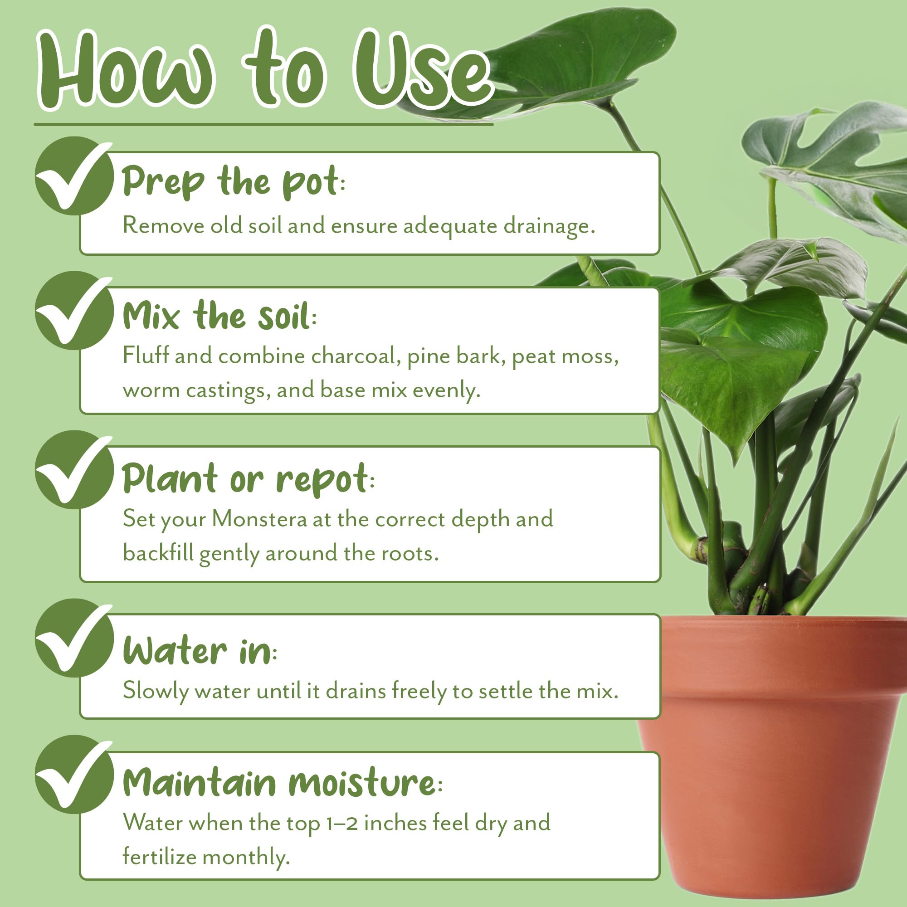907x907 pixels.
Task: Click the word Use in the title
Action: point(423,70)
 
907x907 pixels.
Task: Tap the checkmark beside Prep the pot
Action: point(74,176)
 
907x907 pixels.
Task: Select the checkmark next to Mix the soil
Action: point(74,310)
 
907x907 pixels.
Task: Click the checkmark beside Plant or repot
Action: point(74,469)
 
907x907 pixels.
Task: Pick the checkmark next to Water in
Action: point(74,638)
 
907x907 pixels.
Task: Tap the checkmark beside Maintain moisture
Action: point(74,774)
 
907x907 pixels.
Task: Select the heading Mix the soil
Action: point(219,316)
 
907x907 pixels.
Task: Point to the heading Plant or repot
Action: point(249,479)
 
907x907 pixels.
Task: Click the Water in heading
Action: point(200,651)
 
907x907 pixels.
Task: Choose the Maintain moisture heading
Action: point(282,783)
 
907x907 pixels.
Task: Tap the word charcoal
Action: point(356,356)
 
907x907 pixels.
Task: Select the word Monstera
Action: point(259,520)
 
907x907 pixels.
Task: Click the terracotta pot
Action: point(775,756)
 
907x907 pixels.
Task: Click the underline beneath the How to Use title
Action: point(263,124)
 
